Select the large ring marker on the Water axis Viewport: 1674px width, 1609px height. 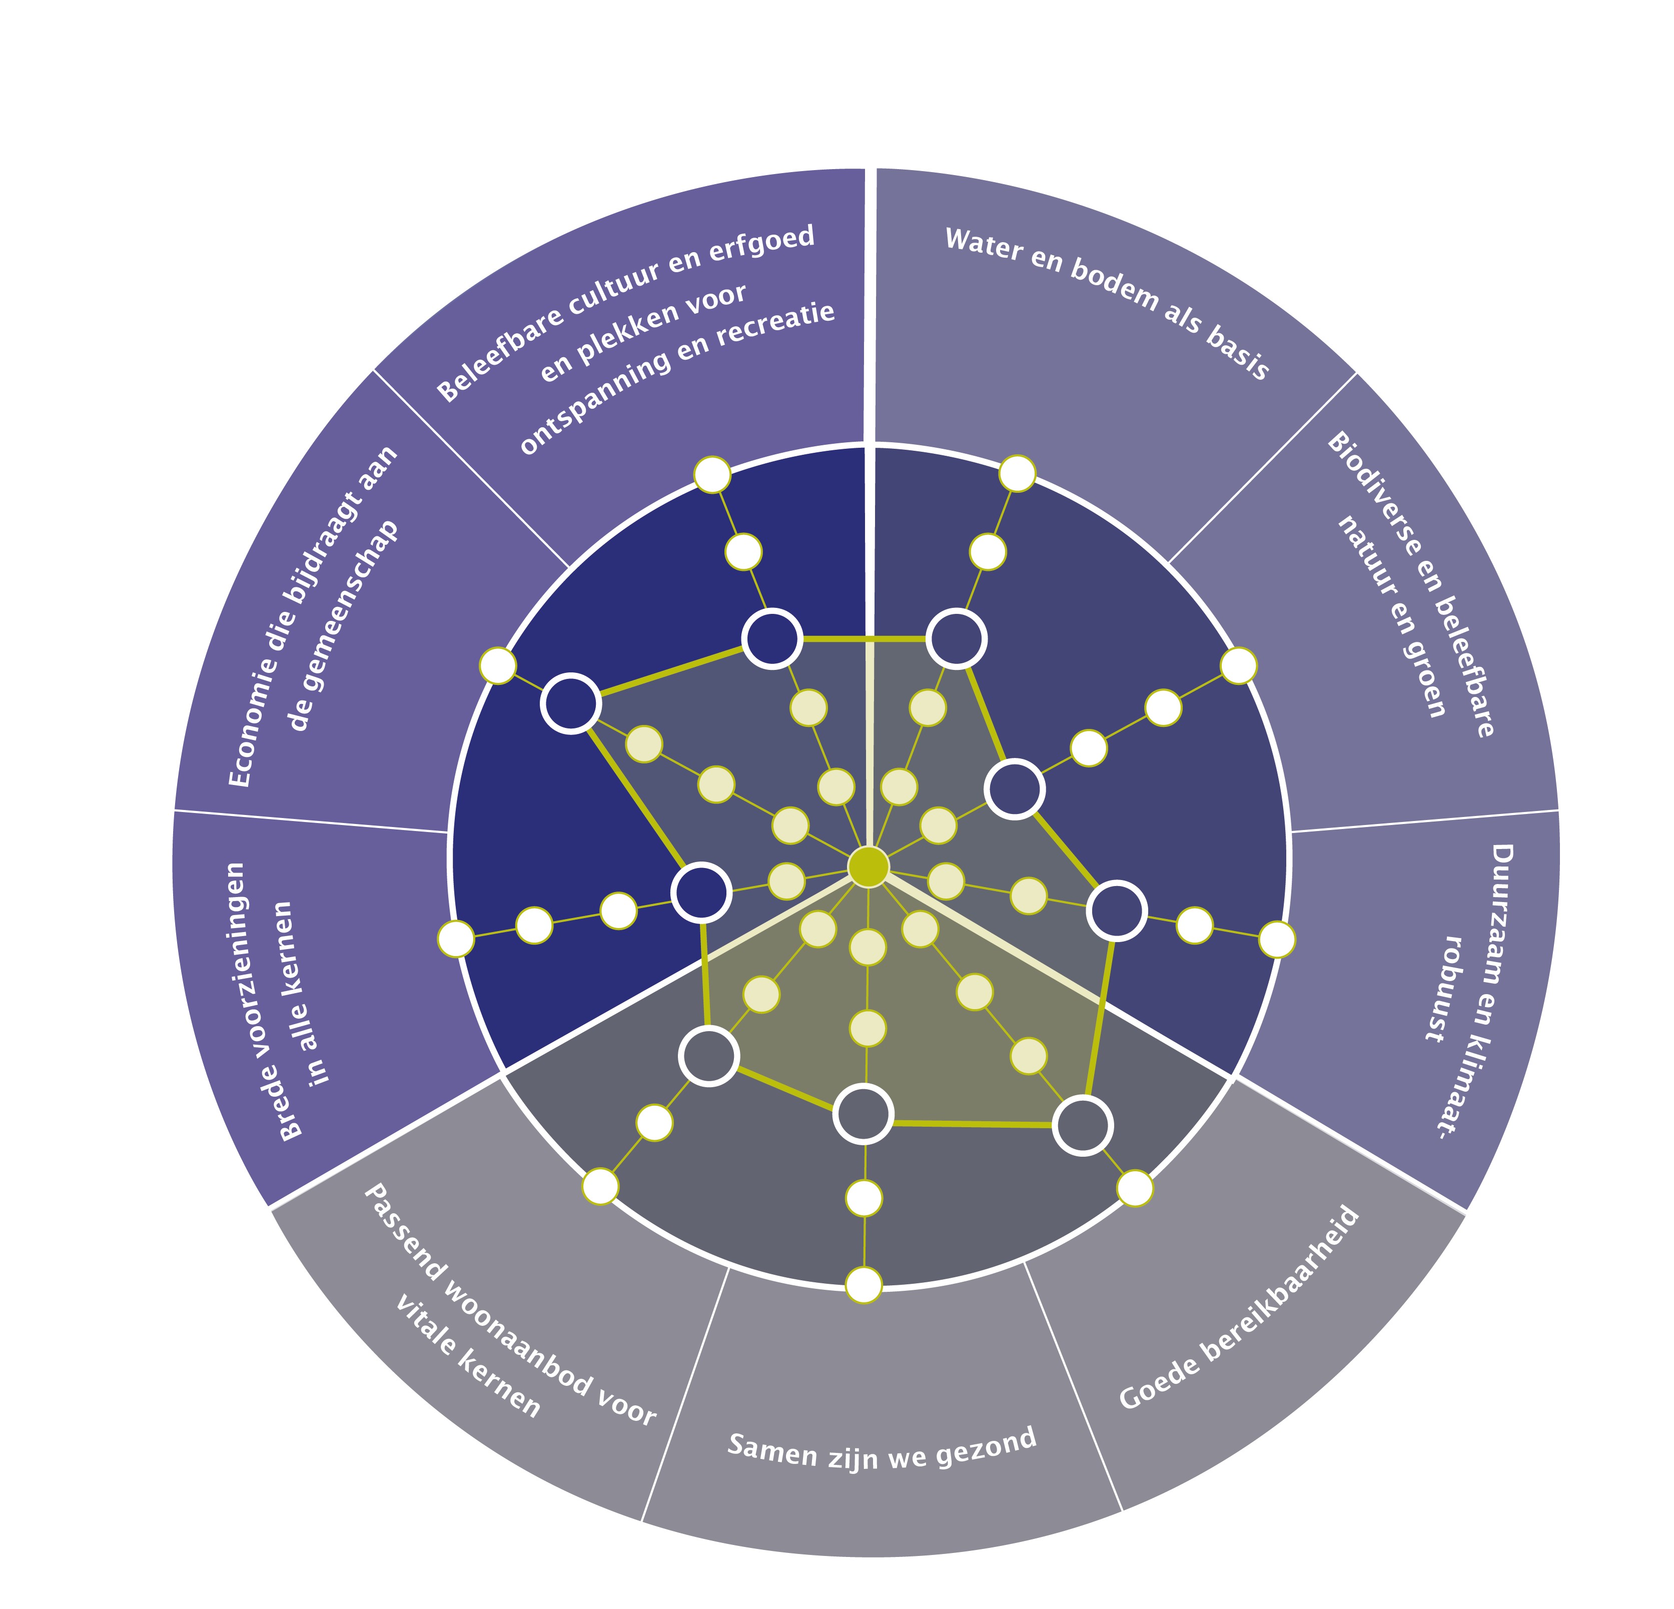(957, 638)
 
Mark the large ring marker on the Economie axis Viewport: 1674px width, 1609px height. (570, 703)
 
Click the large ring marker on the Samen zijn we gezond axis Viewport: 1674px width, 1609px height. (864, 1114)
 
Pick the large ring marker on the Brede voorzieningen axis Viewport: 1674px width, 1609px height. (701, 892)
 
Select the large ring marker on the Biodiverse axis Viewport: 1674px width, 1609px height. (1015, 789)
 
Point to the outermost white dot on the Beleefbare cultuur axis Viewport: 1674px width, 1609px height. (712, 475)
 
